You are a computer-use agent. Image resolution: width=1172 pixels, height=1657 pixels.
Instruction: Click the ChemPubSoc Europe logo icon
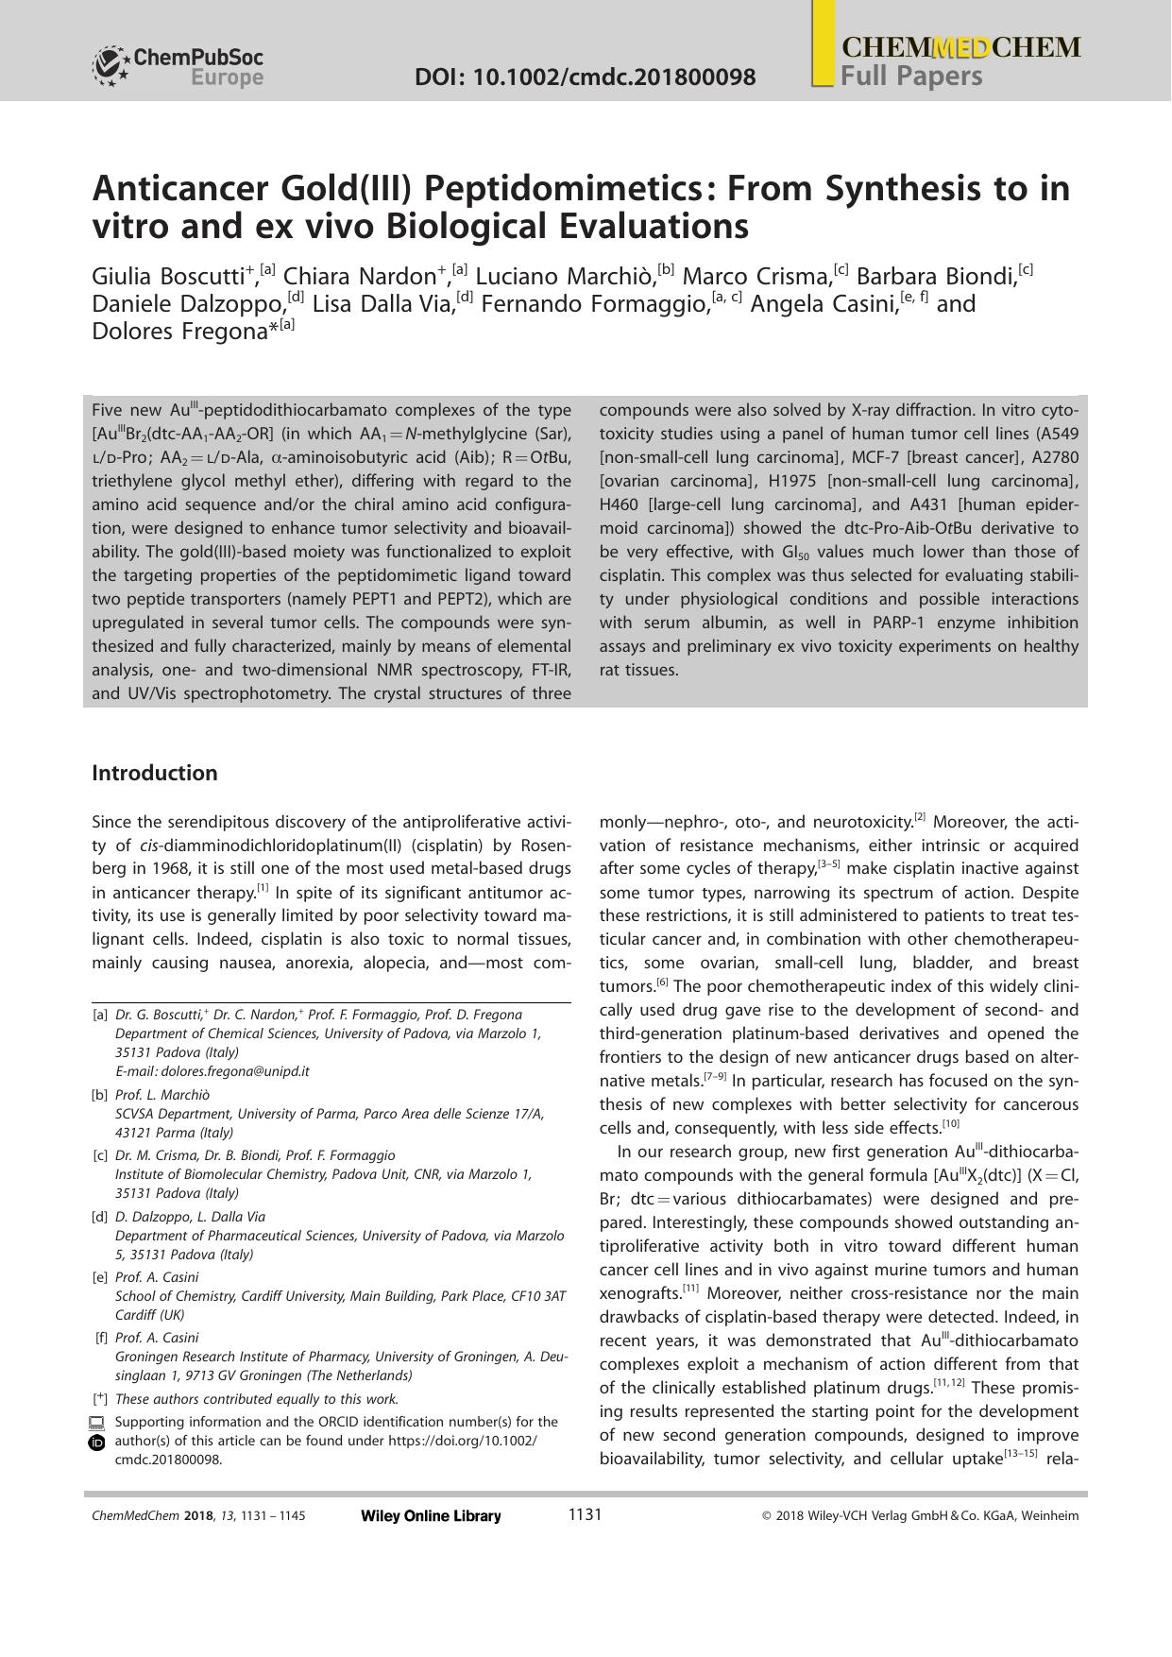pos(110,66)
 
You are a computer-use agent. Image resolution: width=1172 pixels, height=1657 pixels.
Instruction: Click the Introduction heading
pos(155,773)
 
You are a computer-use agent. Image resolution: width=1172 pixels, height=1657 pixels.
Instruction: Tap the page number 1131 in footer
pos(585,1515)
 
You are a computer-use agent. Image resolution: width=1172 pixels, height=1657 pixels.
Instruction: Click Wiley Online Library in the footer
pos(431,1516)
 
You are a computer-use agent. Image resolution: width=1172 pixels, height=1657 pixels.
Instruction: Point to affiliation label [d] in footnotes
pos(100,1217)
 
